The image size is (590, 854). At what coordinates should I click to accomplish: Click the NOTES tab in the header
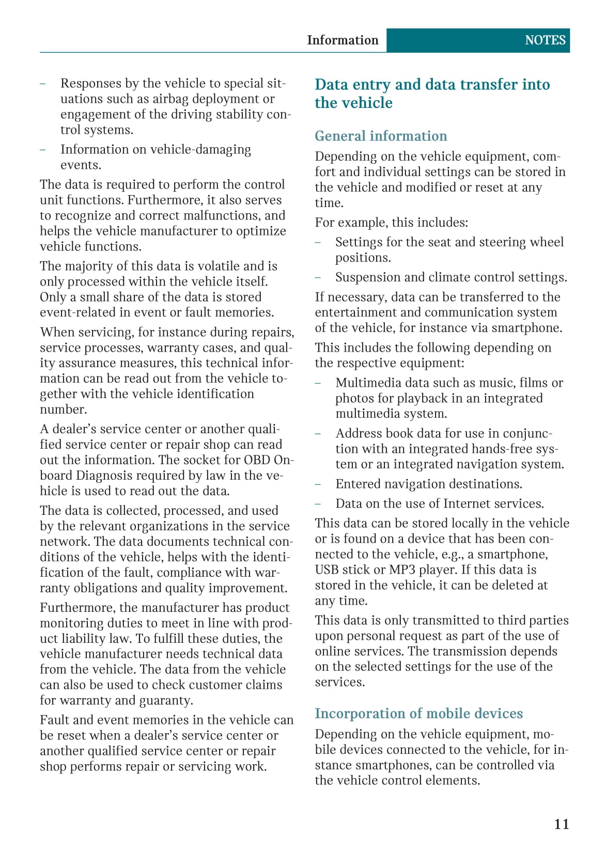pyautogui.click(x=545, y=40)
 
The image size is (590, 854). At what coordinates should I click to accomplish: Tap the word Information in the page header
pyautogui.click(x=343, y=40)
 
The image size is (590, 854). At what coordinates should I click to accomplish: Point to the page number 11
pyautogui.click(x=562, y=824)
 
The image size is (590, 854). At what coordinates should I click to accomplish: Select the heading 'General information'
pyautogui.click(x=381, y=136)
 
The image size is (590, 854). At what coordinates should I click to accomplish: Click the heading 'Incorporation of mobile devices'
pyautogui.click(x=418, y=714)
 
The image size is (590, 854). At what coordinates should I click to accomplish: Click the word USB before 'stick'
pyautogui.click(x=327, y=570)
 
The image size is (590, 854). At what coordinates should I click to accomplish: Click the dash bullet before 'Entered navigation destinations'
pyautogui.click(x=318, y=484)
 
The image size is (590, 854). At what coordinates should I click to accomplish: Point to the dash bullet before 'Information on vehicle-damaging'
pyautogui.click(x=43, y=150)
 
